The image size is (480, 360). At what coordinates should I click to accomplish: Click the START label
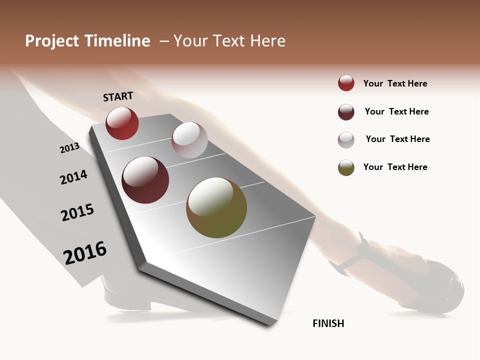[118, 96]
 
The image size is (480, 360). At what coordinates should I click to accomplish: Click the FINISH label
[328, 323]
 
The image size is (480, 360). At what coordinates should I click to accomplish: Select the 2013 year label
[69, 148]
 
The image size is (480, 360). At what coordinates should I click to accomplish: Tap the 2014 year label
[73, 177]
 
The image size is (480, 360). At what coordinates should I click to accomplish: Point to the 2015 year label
[77, 212]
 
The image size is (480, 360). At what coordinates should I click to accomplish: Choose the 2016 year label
[85, 252]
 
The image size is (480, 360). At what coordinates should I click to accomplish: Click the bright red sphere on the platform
[122, 123]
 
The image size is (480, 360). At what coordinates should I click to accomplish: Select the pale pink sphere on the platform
[189, 140]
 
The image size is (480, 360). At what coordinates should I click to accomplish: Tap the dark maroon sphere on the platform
[145, 180]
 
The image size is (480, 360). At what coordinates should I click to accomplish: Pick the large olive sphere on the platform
[216, 207]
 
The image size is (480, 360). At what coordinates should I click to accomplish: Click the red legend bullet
[346, 83]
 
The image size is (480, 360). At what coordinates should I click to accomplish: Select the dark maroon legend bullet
[346, 112]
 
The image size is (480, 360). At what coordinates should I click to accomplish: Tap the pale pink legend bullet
[346, 140]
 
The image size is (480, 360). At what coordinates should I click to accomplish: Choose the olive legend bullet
[346, 167]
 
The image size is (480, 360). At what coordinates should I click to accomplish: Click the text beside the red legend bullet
[395, 83]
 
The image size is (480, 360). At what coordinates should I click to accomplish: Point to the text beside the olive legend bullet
[395, 167]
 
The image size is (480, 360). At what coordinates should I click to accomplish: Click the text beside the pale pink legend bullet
[397, 139]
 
